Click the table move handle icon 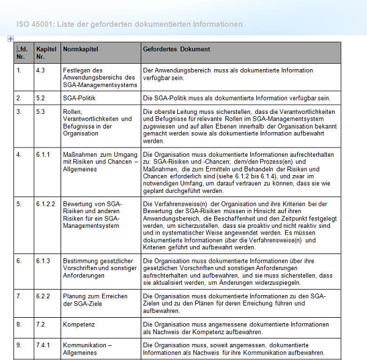(10, 39)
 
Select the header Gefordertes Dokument (176, 49)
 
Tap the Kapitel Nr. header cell (46, 52)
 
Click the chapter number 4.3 (40, 70)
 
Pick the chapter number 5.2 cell (40, 98)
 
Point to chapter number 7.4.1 (42, 345)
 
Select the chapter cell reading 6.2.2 (42, 296)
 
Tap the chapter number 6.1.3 (42, 261)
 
